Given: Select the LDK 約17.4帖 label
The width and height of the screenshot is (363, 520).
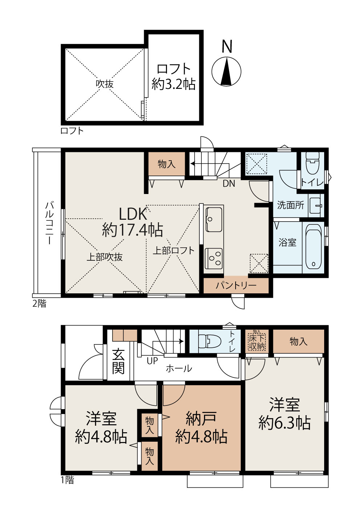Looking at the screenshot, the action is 132,222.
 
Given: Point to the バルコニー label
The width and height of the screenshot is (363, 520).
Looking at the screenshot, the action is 49,223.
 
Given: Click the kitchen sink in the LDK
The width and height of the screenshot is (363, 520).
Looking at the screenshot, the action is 214,219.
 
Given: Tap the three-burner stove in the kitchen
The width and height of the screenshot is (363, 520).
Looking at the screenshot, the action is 213,257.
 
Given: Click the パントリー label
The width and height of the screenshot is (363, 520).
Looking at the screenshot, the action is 236,285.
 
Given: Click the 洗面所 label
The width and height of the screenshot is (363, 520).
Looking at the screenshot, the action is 290,205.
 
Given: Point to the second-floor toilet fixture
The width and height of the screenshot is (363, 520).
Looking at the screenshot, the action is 312,163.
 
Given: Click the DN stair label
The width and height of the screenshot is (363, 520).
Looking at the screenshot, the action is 229,183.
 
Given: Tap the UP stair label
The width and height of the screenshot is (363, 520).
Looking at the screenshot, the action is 152,361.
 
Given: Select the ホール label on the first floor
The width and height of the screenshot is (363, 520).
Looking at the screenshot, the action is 179,368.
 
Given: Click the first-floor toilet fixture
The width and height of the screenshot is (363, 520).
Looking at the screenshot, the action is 209,341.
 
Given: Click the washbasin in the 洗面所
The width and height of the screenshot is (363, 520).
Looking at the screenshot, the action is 316,206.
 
